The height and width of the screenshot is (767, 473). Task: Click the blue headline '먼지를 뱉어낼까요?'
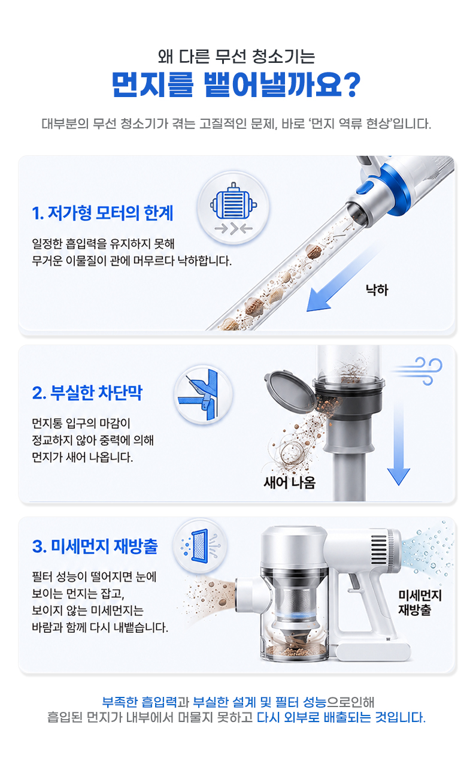[x=236, y=84]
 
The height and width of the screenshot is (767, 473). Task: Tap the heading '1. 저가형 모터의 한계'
[x=102, y=213]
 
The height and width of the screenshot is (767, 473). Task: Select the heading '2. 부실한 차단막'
[x=87, y=392]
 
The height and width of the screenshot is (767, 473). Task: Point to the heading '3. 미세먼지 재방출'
[x=95, y=546]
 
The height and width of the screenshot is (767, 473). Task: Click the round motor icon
[x=234, y=207]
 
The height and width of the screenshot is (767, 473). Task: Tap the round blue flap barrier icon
[x=204, y=394]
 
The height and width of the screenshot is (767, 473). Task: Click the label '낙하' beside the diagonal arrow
[x=377, y=289]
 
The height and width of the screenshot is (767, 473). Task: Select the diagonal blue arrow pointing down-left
[x=343, y=279]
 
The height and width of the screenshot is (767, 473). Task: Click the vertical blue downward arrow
[x=399, y=443]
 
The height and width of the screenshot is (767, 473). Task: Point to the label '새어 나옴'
[x=290, y=482]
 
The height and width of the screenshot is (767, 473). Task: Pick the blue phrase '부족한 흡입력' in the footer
[x=140, y=702]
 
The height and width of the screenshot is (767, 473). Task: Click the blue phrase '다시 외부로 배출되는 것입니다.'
[x=341, y=717]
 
